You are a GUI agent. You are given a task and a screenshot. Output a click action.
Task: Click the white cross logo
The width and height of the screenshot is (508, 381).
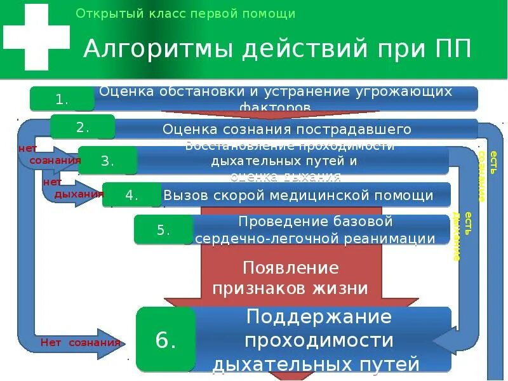[37, 37]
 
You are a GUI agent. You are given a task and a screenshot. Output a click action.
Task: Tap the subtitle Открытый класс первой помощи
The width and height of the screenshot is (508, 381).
[185, 13]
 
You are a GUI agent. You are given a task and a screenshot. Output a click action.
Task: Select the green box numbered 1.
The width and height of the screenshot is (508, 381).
[62, 99]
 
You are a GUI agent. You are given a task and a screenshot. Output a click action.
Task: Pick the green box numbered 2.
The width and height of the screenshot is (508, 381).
[83, 127]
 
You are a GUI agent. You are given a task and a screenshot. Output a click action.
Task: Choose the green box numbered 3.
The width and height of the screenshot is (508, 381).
[107, 161]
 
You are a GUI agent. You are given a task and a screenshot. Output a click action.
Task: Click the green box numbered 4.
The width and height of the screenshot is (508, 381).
[131, 195]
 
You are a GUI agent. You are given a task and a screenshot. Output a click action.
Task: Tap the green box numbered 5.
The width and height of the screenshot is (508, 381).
[163, 230]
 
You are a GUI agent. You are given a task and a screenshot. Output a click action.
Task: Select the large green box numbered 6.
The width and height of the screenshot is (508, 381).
[165, 340]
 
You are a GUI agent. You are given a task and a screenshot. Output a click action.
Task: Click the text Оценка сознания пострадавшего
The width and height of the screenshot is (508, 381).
[287, 130]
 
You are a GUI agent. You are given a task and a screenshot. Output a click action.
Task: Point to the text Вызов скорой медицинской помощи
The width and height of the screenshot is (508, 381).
[298, 196]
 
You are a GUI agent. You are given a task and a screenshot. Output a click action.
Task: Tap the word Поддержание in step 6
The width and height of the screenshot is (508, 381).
[319, 316]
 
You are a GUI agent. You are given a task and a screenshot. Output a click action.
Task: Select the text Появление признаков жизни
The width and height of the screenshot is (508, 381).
[290, 278]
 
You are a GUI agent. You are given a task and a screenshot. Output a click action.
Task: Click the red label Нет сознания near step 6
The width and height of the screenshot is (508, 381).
[80, 342]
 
